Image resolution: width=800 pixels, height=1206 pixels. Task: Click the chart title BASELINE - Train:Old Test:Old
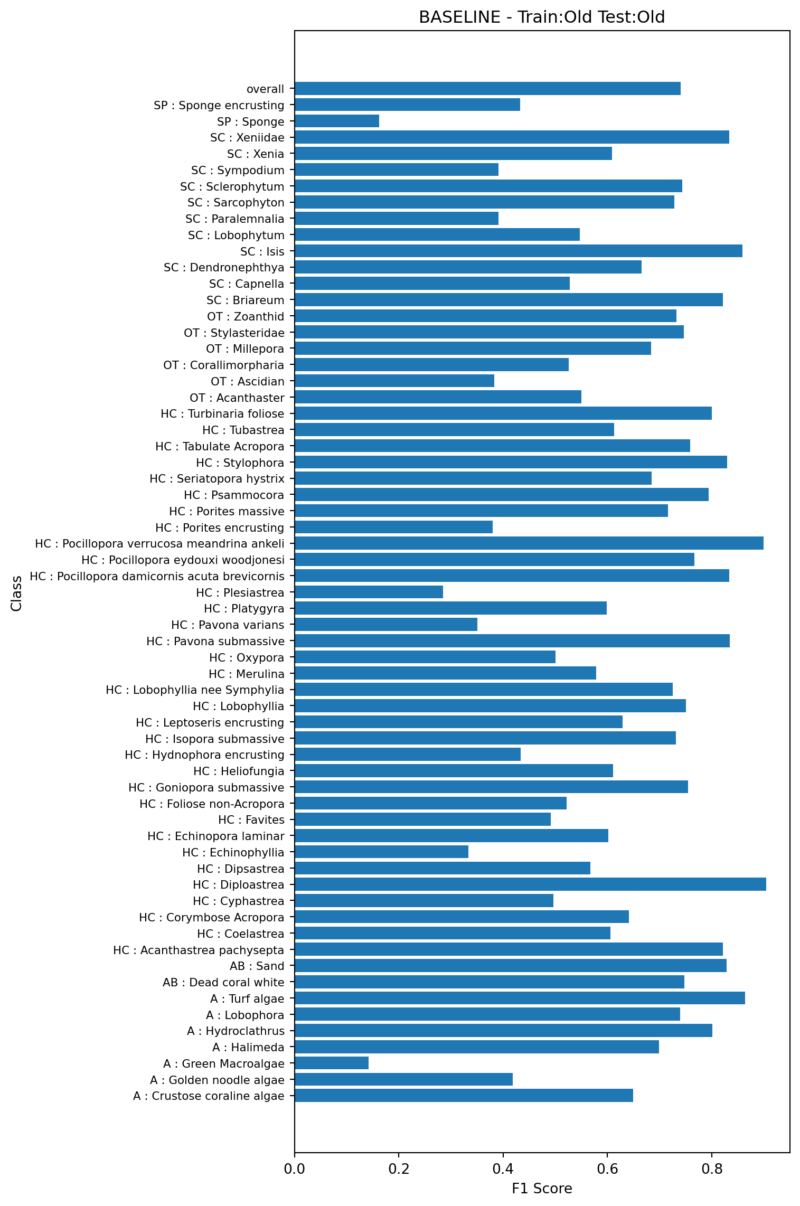click(x=542, y=17)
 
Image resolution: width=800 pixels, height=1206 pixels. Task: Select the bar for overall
click(x=487, y=89)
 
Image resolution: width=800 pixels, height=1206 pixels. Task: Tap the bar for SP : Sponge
click(x=337, y=121)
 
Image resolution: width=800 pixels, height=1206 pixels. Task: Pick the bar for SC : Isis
click(x=518, y=251)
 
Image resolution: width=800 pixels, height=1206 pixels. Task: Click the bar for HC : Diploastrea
click(x=530, y=884)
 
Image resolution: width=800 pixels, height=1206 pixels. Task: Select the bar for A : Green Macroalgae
click(x=332, y=1063)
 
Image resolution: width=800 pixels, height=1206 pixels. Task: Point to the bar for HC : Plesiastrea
click(x=369, y=592)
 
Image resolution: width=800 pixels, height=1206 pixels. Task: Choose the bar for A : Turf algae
click(x=520, y=998)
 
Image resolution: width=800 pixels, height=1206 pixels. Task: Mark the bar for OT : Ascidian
click(x=394, y=381)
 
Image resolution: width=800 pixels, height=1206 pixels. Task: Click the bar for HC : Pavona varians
click(x=386, y=625)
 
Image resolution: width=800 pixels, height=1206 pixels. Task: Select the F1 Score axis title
click(x=542, y=1189)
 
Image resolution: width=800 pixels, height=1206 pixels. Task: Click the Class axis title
click(x=16, y=593)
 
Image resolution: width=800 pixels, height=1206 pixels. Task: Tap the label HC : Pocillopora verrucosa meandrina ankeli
click(x=159, y=544)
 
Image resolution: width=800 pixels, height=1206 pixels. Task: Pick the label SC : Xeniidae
click(x=247, y=138)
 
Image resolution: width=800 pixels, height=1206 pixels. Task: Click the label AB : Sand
click(x=257, y=966)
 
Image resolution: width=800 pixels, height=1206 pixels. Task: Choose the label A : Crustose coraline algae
click(x=209, y=1096)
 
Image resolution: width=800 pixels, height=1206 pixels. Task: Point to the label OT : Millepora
click(x=245, y=349)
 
